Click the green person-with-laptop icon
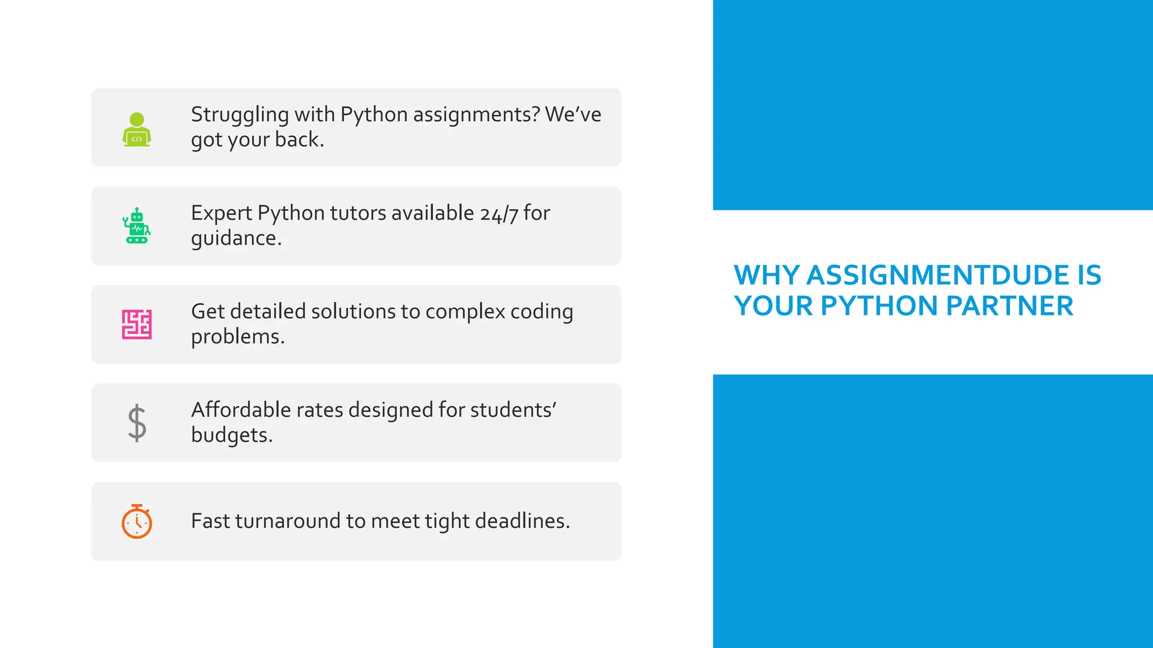[137, 130]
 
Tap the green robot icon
[137, 226]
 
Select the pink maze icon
[137, 325]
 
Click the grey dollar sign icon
[137, 423]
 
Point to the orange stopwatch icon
[137, 521]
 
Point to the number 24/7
[499, 214]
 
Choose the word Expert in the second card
[221, 213]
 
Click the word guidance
[236, 238]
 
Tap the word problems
[238, 337]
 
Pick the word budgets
[231, 435]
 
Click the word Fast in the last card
[210, 521]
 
